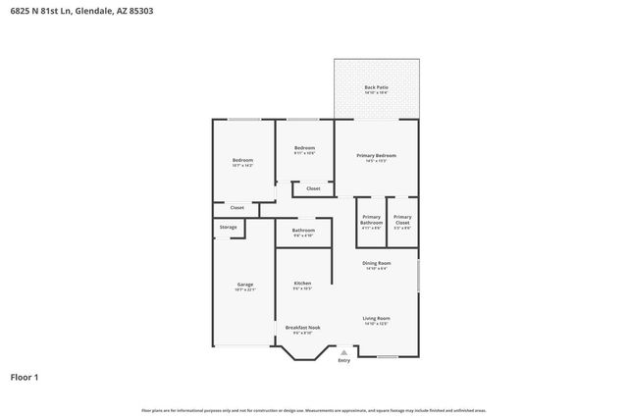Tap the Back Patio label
[x=376, y=88]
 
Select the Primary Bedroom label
[x=376, y=156]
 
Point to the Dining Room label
[x=377, y=263]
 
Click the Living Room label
[x=377, y=319]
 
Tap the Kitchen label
[x=302, y=284]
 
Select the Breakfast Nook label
[x=302, y=328]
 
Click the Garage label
[x=244, y=285]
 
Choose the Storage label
[x=228, y=228]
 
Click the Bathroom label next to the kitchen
[x=302, y=231]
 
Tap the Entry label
[x=343, y=361]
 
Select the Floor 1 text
[x=25, y=377]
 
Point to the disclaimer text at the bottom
[x=314, y=410]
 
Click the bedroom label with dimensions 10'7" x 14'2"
[x=242, y=161]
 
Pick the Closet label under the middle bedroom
[x=313, y=188]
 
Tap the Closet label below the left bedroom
[x=236, y=208]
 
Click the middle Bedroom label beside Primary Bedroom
[x=304, y=148]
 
